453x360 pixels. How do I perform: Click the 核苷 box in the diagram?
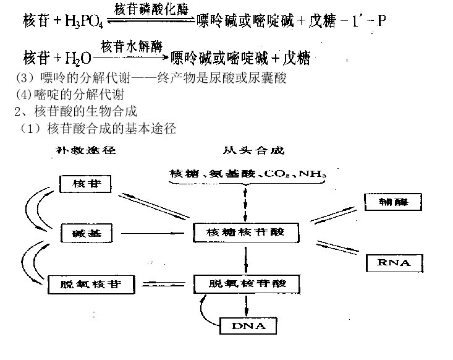[85, 184]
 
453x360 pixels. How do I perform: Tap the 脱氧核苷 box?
[84, 285]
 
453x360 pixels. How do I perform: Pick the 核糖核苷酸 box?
[246, 232]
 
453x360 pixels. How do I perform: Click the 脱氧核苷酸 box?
[247, 284]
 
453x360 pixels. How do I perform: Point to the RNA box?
[393, 263]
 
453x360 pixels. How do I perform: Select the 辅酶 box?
[393, 202]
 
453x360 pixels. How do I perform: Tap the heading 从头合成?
[246, 150]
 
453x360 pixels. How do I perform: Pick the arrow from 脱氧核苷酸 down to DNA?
[247, 305]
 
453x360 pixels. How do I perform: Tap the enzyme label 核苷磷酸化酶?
[152, 9]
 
